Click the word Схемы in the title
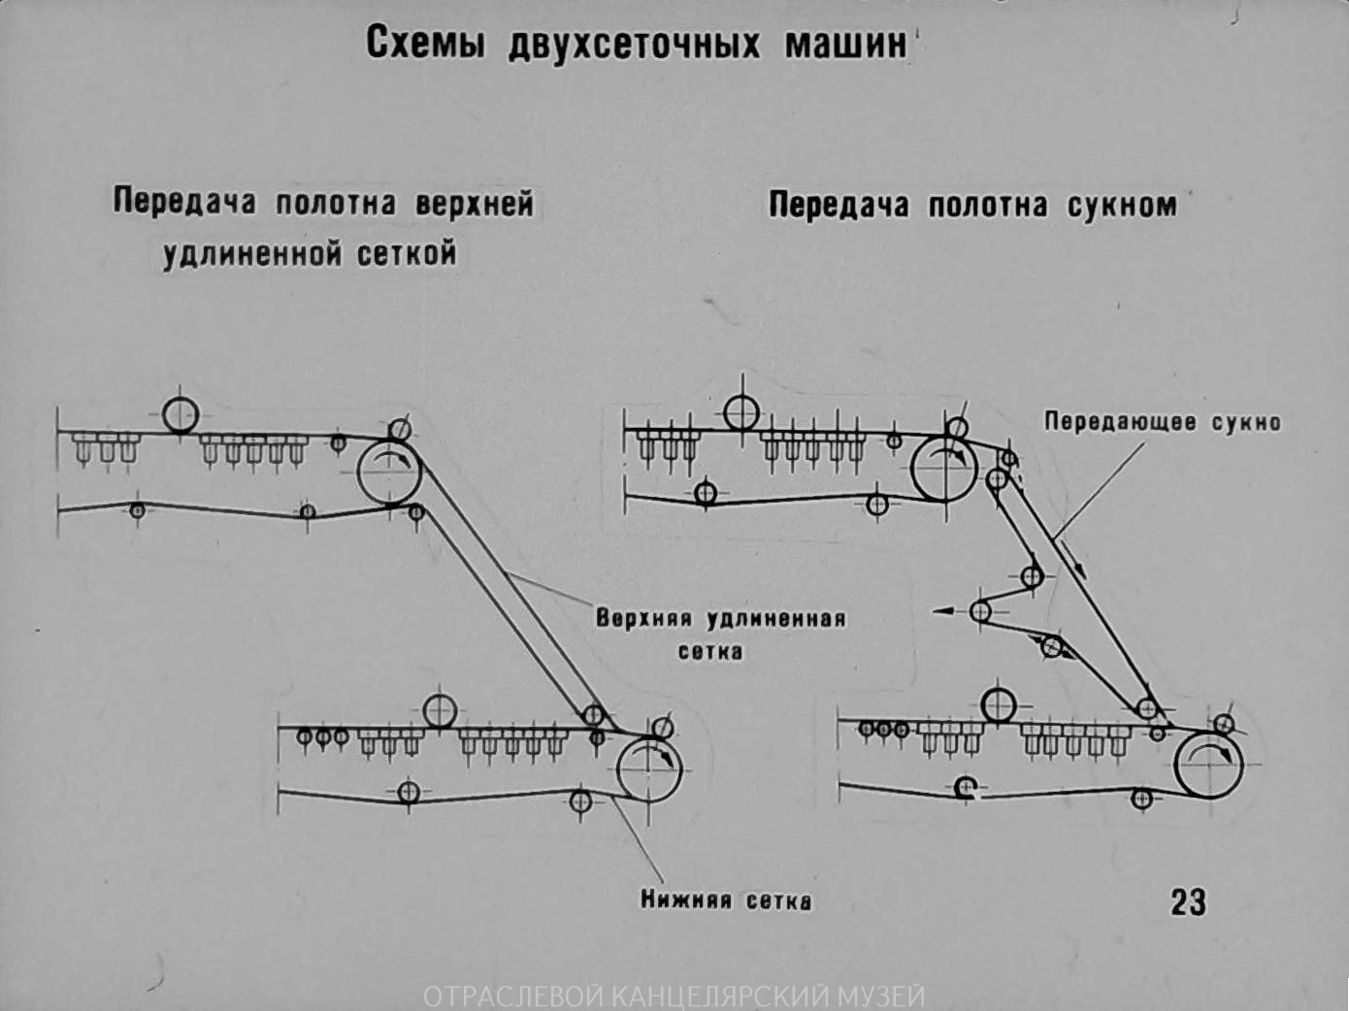(x=424, y=44)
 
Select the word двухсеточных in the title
(x=635, y=45)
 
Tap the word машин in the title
(x=845, y=44)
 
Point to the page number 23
(x=1188, y=902)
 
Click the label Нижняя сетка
(x=725, y=900)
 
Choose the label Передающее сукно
(x=1162, y=422)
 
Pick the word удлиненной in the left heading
(x=252, y=254)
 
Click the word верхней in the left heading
(x=475, y=203)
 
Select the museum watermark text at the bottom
(x=674, y=996)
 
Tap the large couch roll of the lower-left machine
(x=649, y=768)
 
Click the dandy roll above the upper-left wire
(x=181, y=415)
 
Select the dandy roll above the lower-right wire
(x=999, y=705)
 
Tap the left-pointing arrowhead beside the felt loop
(x=939, y=611)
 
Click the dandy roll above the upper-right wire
(x=741, y=413)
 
